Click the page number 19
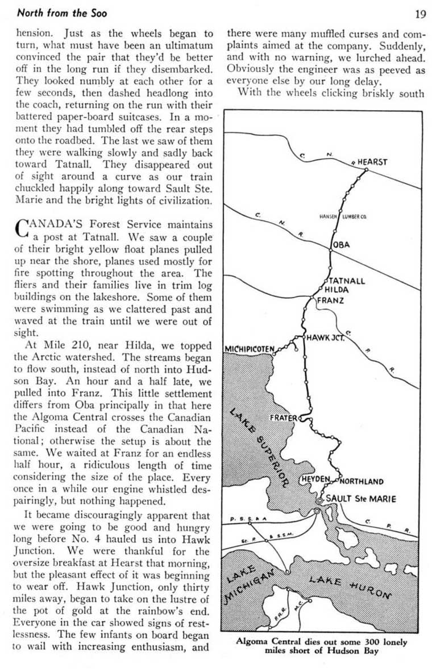click(420, 14)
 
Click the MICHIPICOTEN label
click(250, 348)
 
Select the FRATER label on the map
click(283, 417)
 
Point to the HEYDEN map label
click(316, 479)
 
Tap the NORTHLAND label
click(362, 482)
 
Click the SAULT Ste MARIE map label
click(361, 499)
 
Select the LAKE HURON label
click(350, 586)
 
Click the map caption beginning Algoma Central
click(322, 646)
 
